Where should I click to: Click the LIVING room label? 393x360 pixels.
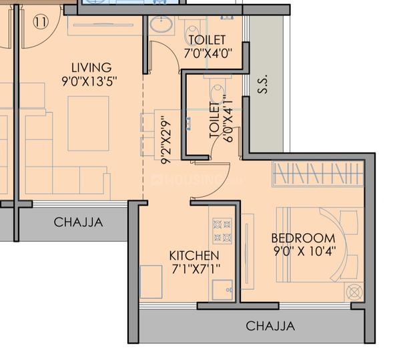point(91,67)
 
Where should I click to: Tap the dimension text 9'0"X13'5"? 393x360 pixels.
point(89,81)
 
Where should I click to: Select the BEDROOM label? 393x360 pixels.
point(304,238)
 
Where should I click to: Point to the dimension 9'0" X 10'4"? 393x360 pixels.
point(304,251)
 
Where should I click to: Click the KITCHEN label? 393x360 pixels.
point(194,256)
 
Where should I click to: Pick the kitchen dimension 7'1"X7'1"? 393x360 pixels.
point(195,269)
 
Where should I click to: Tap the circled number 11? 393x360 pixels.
point(41,22)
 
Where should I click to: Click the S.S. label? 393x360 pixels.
point(263,84)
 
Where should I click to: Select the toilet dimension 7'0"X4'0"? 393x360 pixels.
point(208,53)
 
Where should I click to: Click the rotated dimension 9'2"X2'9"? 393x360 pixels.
point(166,140)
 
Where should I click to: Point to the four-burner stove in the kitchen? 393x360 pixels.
point(222,231)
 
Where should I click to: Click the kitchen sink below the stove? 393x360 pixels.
point(222,290)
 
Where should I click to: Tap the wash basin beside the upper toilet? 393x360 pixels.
point(161,25)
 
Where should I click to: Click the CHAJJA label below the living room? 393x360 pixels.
point(79,222)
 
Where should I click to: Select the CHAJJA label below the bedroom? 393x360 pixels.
point(270,326)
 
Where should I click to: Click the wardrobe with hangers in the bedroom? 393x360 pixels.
point(318,174)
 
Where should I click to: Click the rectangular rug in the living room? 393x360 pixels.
point(88,124)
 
